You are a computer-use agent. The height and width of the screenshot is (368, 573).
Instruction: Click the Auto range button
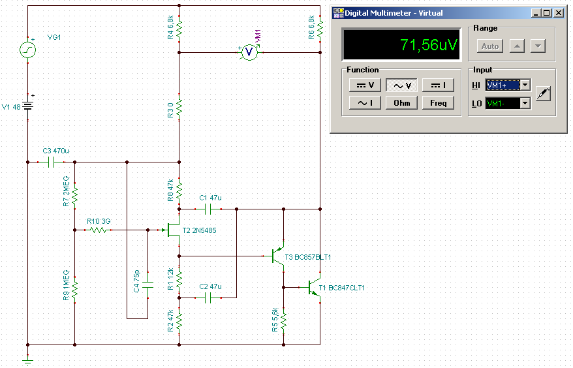489,46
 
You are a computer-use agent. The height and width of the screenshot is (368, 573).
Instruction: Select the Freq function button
438,103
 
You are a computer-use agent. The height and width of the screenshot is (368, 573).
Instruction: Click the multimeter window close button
559,13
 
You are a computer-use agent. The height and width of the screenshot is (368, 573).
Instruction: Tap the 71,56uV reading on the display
428,45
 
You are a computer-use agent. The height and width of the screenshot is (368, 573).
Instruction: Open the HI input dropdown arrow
525,85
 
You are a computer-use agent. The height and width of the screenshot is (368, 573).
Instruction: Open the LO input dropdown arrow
525,104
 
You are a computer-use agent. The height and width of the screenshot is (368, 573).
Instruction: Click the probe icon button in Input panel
543,94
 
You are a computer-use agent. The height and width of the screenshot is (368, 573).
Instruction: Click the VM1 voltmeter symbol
249,52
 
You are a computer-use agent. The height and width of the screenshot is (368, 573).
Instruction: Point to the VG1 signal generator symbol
28,50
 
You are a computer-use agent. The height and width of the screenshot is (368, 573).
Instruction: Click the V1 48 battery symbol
28,106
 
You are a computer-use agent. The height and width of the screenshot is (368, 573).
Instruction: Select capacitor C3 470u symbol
51,162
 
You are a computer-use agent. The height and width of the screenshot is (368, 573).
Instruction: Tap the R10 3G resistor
98,230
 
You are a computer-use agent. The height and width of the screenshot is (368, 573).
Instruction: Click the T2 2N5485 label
199,230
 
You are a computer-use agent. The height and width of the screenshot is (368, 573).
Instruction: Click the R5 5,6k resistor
284,320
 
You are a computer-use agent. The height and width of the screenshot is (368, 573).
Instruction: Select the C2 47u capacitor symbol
208,298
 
